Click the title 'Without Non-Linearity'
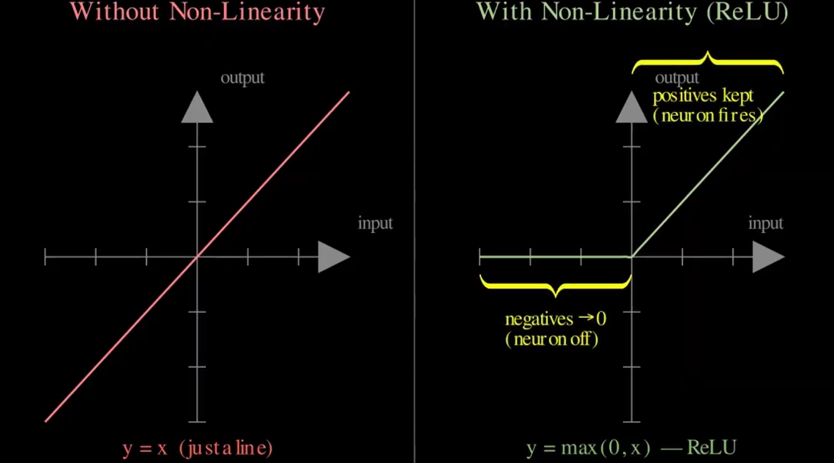[x=198, y=12]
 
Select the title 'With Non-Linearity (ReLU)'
[x=632, y=12]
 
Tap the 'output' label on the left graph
[x=242, y=78]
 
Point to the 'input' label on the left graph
[x=375, y=223]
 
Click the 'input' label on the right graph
[x=765, y=223]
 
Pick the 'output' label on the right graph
[x=677, y=78]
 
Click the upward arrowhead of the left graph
[x=197, y=107]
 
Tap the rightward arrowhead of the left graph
[x=334, y=257]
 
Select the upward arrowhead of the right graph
[x=631, y=107]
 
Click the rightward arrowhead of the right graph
[x=768, y=257]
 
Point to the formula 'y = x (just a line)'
[x=197, y=448]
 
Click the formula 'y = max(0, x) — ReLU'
[x=631, y=448]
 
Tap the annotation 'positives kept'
[x=703, y=96]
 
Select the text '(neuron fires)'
[x=707, y=115]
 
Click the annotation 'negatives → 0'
[x=556, y=319]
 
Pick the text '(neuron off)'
[x=551, y=339]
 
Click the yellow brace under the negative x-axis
[x=555, y=285]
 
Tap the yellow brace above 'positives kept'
[x=707, y=62]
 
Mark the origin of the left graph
[x=197, y=257]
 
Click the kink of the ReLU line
[x=631, y=257]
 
